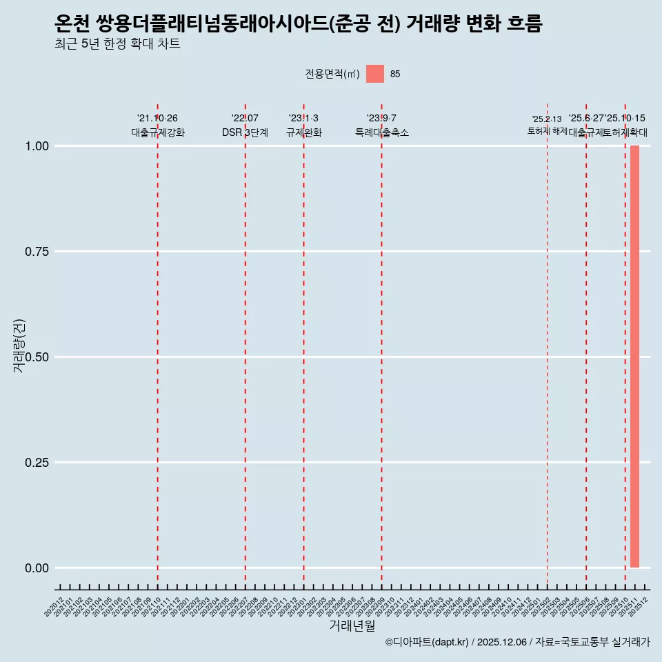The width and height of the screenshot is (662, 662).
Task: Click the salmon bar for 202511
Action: [634, 357]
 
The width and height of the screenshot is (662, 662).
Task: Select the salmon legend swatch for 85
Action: [375, 74]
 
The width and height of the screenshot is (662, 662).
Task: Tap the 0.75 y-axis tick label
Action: [35, 252]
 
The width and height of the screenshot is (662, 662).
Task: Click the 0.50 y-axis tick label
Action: [35, 357]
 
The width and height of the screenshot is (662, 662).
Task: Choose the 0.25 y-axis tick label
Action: [35, 463]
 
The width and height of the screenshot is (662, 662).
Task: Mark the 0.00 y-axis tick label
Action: [35, 568]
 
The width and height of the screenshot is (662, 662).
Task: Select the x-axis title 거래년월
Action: [352, 626]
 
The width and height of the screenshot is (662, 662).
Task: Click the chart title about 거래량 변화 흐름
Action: [298, 23]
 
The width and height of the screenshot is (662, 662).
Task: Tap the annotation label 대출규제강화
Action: [157, 132]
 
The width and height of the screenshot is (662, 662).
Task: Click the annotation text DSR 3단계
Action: [245, 132]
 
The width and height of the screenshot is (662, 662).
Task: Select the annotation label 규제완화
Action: [303, 132]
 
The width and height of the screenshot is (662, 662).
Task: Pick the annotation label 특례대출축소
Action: [381, 132]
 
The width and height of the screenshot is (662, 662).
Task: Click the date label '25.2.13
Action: [547, 119]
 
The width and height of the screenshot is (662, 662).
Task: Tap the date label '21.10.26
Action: [157, 119]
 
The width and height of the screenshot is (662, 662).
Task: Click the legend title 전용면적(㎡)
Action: [332, 74]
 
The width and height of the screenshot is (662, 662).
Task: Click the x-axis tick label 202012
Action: [55, 606]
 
